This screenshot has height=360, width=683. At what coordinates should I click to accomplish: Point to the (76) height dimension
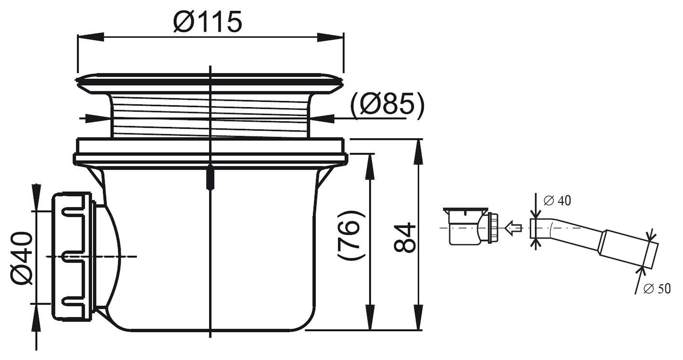[350, 235]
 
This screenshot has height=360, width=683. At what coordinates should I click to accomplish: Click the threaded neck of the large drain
[210, 116]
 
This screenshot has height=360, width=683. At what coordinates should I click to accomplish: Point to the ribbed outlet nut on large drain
[72, 256]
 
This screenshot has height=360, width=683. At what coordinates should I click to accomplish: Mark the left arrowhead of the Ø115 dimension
[90, 37]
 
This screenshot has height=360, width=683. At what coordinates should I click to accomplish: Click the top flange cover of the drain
[210, 82]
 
